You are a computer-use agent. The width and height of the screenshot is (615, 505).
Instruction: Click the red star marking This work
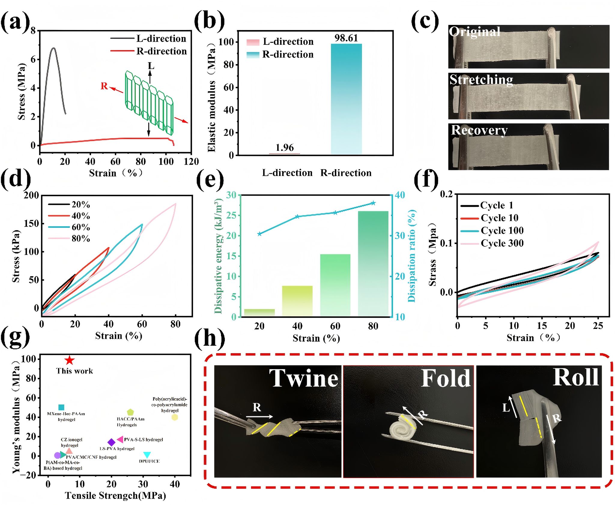tap(69, 360)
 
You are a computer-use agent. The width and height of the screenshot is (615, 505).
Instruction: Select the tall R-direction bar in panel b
tap(346, 99)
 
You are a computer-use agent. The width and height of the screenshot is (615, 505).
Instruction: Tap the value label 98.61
tap(346, 38)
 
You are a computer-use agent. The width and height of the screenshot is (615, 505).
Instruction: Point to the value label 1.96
tap(284, 148)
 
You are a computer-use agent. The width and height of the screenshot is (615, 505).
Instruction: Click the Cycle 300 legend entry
tap(502, 243)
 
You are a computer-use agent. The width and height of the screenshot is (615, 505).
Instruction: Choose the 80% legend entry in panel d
tap(80, 239)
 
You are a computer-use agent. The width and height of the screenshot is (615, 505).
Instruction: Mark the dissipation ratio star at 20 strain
tap(259, 234)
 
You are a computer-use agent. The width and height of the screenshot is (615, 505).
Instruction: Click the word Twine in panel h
tap(304, 379)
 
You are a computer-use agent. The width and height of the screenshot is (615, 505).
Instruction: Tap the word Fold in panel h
tap(446, 379)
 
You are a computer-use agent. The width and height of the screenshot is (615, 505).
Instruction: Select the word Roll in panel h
tap(575, 377)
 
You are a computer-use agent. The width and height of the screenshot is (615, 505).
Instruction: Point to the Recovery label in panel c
tap(479, 131)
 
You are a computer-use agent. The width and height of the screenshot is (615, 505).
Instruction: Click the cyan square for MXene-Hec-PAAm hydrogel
tap(61, 407)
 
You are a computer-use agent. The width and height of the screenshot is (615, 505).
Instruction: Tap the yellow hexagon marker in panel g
tap(174, 417)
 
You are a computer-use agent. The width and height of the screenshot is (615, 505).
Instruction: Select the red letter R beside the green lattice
tap(104, 86)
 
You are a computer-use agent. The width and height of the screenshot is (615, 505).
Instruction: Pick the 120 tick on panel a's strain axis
tap(191, 162)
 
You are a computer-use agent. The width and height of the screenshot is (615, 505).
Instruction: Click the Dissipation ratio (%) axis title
tap(412, 256)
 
